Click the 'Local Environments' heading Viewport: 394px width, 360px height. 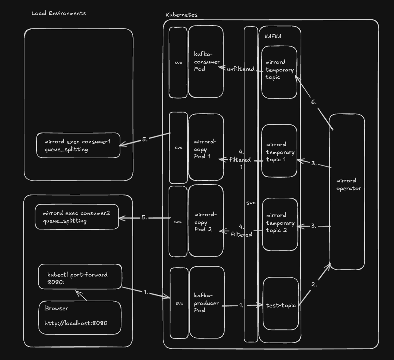point(59,13)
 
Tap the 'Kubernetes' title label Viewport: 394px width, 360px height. point(182,15)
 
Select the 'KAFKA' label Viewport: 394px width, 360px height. point(273,36)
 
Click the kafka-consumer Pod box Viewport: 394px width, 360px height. point(206,62)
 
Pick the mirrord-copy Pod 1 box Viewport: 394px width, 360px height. point(206,147)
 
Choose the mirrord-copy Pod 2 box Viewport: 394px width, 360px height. point(206,221)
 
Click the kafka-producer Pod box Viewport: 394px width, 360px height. point(206,303)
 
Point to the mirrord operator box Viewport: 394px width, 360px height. point(347,191)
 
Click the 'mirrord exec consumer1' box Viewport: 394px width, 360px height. point(78,146)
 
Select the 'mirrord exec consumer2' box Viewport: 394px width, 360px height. point(77,217)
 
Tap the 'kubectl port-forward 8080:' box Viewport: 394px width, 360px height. point(80,277)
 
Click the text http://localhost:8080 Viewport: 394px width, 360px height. point(76,323)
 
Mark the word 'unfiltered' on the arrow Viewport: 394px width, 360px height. point(240,69)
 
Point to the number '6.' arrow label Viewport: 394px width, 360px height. point(314,102)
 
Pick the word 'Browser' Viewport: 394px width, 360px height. point(56,308)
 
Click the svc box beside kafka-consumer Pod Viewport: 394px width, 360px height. point(178,62)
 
